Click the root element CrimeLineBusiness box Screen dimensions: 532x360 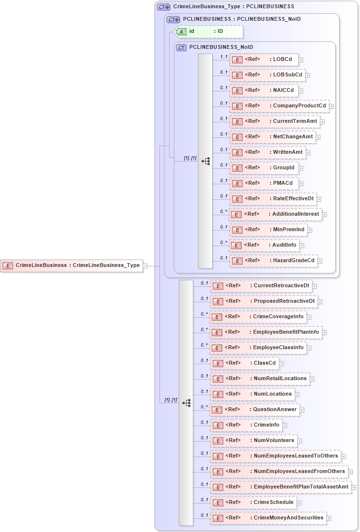click(x=72, y=265)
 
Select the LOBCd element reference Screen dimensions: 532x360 click(x=263, y=59)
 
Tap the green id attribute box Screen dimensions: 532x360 click(x=208, y=31)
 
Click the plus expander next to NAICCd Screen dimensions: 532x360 click(x=301, y=90)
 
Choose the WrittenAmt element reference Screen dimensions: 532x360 click(x=267, y=152)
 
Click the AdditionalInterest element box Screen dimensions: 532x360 click(x=275, y=214)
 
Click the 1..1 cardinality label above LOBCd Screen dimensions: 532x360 click(x=223, y=57)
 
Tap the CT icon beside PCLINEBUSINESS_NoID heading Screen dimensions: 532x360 click(x=182, y=47)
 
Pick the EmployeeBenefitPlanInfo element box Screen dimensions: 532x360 click(x=266, y=332)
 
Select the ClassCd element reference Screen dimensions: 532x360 click(x=244, y=363)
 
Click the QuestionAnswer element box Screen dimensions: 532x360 click(x=255, y=410)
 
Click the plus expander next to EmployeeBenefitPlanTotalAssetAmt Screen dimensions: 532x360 click(x=354, y=488)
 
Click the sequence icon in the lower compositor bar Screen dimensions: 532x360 click(x=186, y=402)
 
